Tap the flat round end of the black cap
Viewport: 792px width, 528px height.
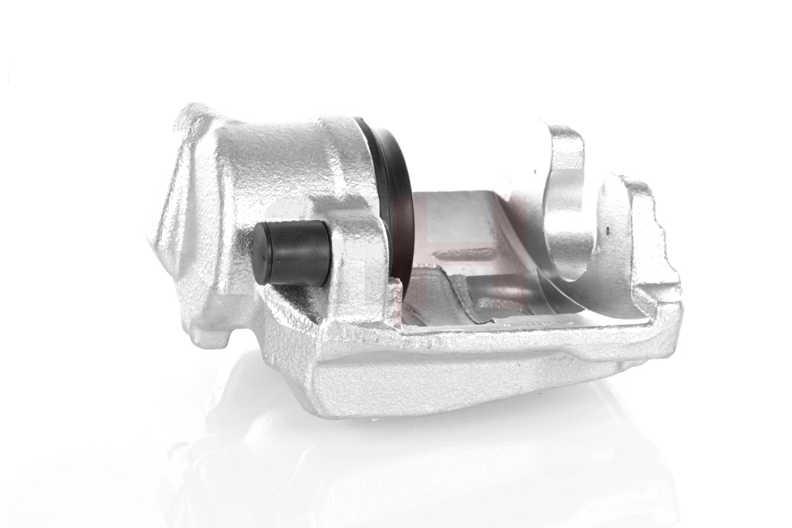click(x=261, y=254)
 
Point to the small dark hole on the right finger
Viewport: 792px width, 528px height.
click(x=607, y=232)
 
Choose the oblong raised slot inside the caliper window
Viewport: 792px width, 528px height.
click(x=465, y=253)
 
